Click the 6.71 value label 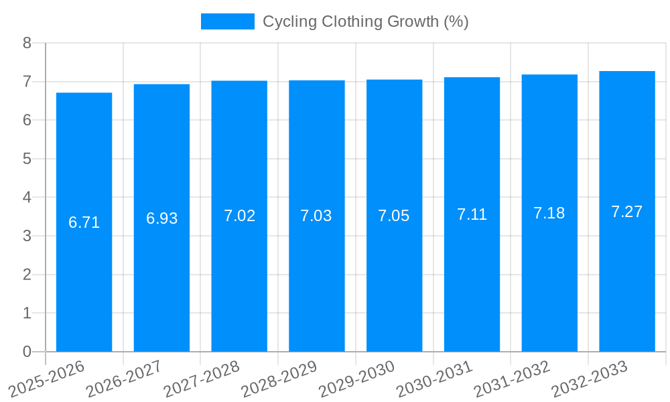pyautogui.click(x=84, y=222)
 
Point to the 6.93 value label pyautogui.click(x=162, y=218)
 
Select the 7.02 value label pyautogui.click(x=239, y=216)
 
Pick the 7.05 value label pyautogui.click(x=394, y=216)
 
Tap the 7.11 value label pyautogui.click(x=472, y=214)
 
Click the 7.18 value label pyautogui.click(x=549, y=213)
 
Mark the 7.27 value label pyautogui.click(x=627, y=212)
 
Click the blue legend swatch pyautogui.click(x=228, y=21)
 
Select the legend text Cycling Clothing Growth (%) pyautogui.click(x=365, y=21)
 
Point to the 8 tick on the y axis pyautogui.click(x=27, y=43)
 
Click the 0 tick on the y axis pyautogui.click(x=27, y=352)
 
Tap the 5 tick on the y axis pyautogui.click(x=27, y=159)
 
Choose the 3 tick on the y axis pyautogui.click(x=27, y=236)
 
